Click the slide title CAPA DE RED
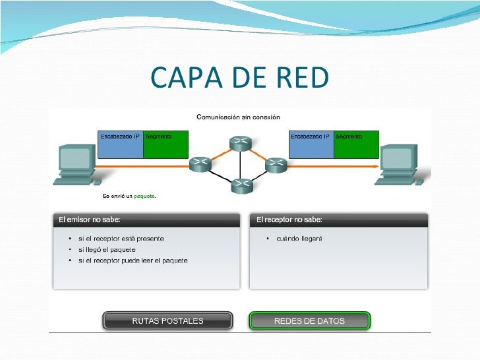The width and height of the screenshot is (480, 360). coord(239,78)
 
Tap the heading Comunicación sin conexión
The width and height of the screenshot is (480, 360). coord(239,117)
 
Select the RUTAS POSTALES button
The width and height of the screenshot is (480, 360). coord(167,321)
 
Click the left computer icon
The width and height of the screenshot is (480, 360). coord(77,164)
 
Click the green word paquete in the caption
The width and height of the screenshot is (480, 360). coord(144,196)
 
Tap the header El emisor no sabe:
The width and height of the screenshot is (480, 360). coord(90,220)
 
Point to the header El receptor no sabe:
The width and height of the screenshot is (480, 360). coord(289,220)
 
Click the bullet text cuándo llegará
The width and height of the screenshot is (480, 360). coord(299,238)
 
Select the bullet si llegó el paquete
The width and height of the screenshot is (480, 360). coord(106,249)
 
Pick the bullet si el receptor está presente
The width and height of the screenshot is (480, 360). coord(121,238)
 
